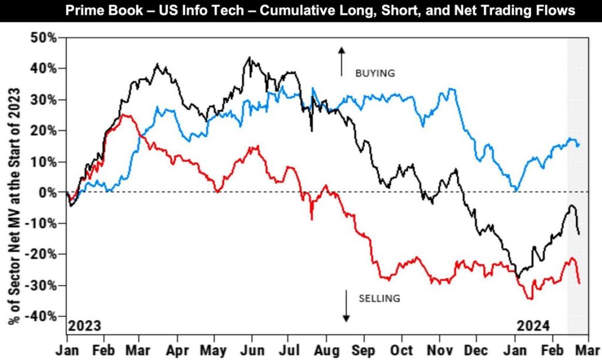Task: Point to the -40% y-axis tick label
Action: point(43,316)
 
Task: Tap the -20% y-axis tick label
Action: point(43,255)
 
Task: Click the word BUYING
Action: point(374,74)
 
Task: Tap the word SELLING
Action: point(379,298)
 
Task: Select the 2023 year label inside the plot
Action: point(85,325)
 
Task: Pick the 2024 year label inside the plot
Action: point(533,325)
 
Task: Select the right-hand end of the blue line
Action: point(578,145)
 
